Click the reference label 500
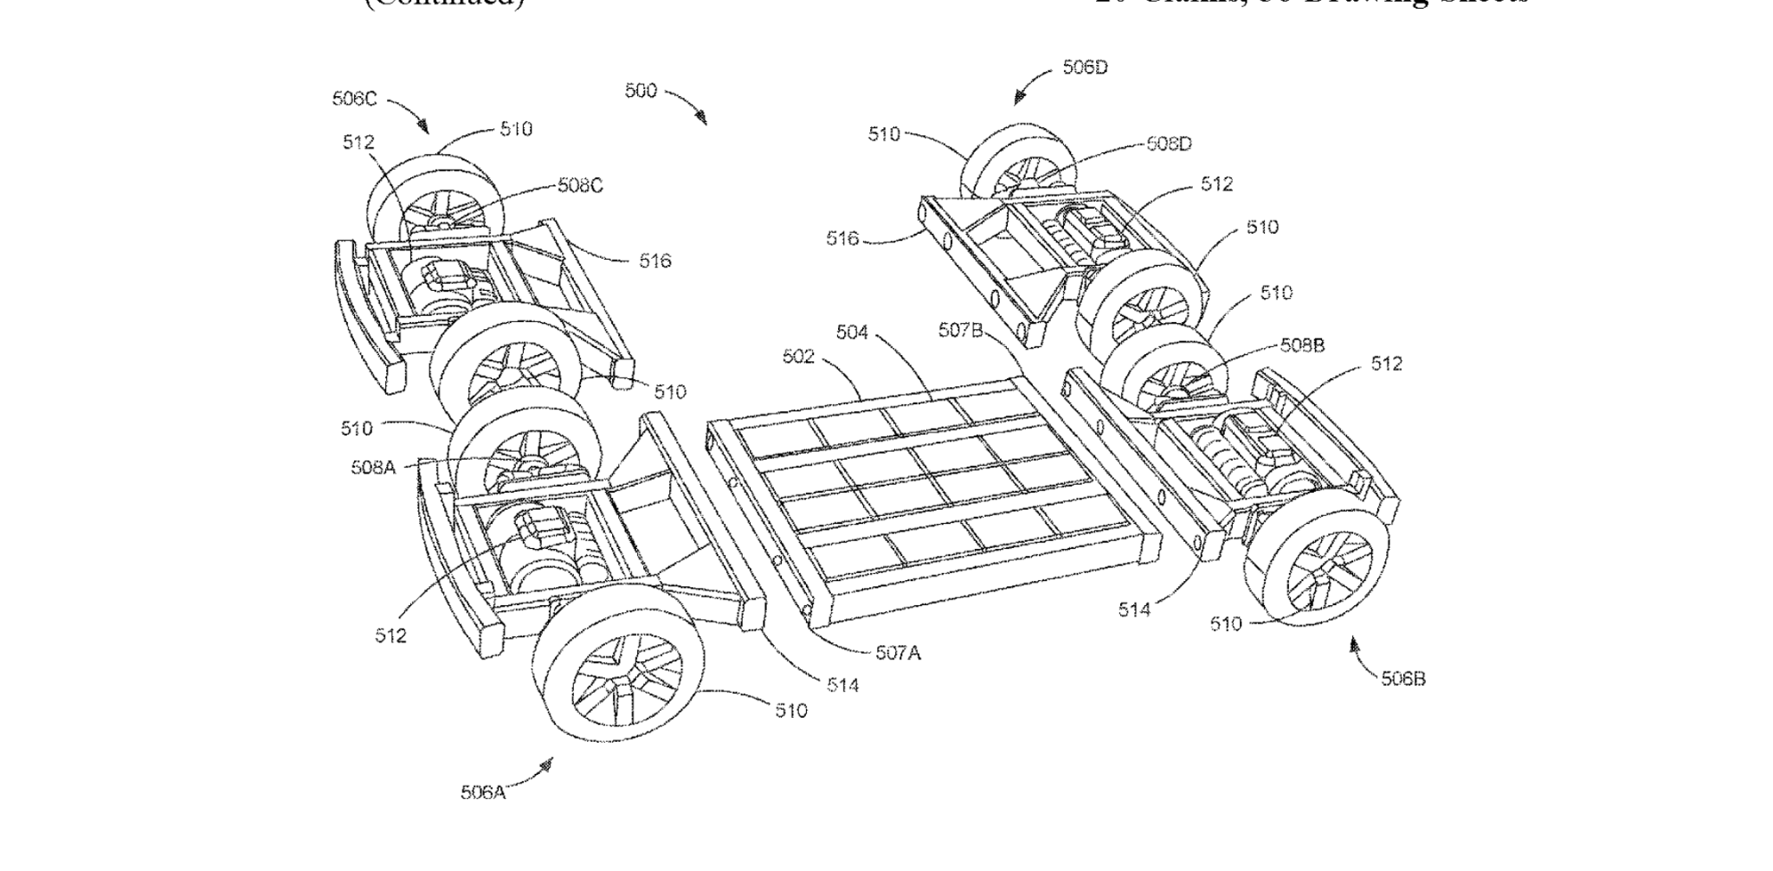[641, 91]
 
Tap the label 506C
[354, 99]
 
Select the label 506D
[1085, 68]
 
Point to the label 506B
[1402, 679]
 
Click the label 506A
[482, 791]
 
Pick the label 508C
[580, 185]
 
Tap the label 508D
[1169, 144]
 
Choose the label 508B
[1302, 345]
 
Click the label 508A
[373, 468]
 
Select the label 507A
[898, 653]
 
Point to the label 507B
[960, 330]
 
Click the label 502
[798, 357]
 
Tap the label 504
[852, 332]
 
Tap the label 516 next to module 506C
[654, 261]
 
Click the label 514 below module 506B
[1133, 610]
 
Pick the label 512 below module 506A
[390, 636]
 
